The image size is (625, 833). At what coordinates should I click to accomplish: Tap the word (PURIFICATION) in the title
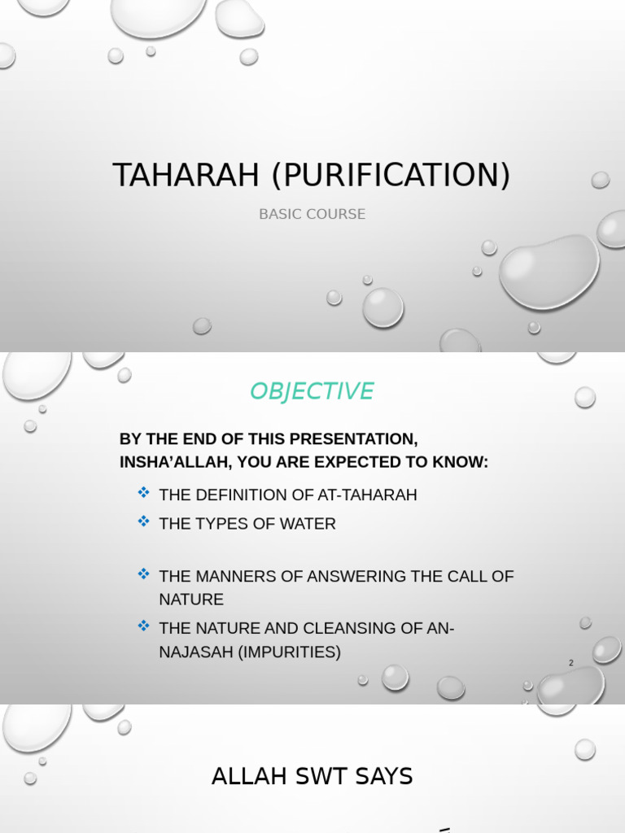390,176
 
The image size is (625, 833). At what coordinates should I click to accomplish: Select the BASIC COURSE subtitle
312,214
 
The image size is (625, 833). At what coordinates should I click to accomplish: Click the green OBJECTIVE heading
312,391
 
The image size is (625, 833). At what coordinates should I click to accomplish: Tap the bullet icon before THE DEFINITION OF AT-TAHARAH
144,492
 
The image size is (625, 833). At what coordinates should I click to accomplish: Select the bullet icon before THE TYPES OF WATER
144,521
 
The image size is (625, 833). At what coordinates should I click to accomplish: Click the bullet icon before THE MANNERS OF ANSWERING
144,574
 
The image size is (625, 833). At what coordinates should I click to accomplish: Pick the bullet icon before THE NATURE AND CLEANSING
144,626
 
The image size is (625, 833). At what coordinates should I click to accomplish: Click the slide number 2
571,663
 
